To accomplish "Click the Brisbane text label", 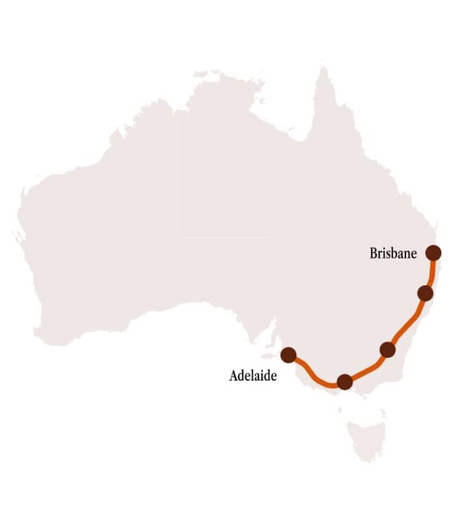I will pyautogui.click(x=393, y=254).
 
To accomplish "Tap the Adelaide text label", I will pyautogui.click(x=253, y=376).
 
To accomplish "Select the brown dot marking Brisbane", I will pyautogui.click(x=433, y=253).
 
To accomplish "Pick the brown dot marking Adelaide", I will pyautogui.click(x=288, y=355).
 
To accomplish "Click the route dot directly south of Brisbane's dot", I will pyautogui.click(x=425, y=293).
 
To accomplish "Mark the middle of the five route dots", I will pyautogui.click(x=388, y=350).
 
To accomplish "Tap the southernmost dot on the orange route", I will pyautogui.click(x=345, y=382).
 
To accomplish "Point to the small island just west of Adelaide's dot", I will pyautogui.click(x=268, y=356).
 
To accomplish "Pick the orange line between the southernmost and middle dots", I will pyautogui.click(x=367, y=369).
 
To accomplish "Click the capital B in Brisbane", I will pyautogui.click(x=373, y=254).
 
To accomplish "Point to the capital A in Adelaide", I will pyautogui.click(x=234, y=376).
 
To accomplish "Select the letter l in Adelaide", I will pyautogui.click(x=254, y=376).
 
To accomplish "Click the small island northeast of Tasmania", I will pyautogui.click(x=382, y=412).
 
